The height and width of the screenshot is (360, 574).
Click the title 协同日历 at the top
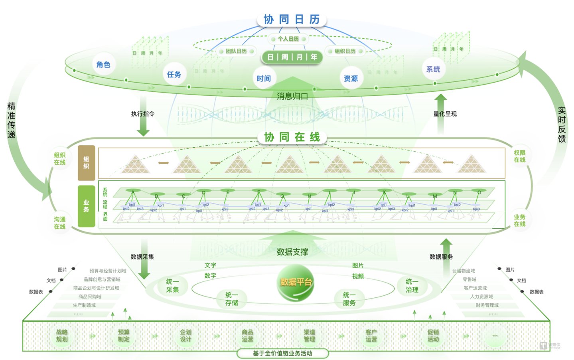(x=292, y=19)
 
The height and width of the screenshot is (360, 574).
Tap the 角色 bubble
(x=103, y=65)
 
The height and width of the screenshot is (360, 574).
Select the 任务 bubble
(x=174, y=75)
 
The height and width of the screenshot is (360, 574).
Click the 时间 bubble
(x=264, y=79)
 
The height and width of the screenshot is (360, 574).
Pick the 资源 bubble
(x=351, y=79)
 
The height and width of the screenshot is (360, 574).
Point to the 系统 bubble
(x=433, y=69)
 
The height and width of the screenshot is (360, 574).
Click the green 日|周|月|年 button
(x=292, y=57)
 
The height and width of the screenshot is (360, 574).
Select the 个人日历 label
(x=288, y=39)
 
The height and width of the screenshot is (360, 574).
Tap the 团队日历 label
(x=236, y=51)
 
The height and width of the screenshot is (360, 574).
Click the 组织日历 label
(x=345, y=51)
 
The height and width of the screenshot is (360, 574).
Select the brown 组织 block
(x=86, y=163)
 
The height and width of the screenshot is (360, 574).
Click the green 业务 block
(x=86, y=206)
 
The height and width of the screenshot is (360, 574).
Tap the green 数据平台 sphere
(x=296, y=284)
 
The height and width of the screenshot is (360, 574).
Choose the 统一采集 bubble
(x=172, y=286)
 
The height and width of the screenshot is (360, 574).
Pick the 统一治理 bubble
(x=412, y=286)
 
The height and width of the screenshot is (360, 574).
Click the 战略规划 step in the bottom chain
(x=62, y=336)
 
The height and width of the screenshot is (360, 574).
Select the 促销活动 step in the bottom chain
(x=433, y=336)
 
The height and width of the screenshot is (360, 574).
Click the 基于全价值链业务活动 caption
(x=282, y=353)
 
